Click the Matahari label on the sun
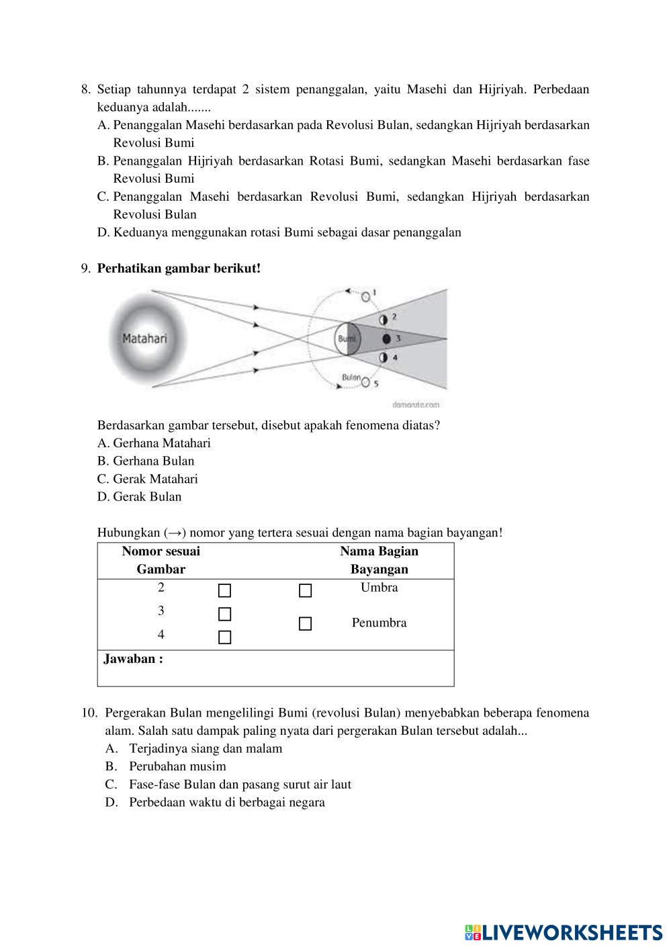(144, 338)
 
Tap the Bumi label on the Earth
(347, 338)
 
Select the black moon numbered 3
(386, 338)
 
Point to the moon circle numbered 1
(365, 296)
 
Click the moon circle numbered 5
(365, 383)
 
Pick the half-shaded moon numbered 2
(384, 319)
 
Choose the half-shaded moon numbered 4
(384, 357)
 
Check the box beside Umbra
(306, 590)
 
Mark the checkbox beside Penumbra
(306, 624)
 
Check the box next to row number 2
(225, 590)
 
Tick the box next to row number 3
(225, 614)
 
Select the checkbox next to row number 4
(225, 637)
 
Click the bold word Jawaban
(133, 659)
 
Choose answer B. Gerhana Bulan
(146, 461)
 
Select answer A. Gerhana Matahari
(154, 443)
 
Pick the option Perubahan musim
(177, 766)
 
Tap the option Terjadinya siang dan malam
(206, 748)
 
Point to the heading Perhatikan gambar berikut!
(179, 269)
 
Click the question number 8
(85, 89)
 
